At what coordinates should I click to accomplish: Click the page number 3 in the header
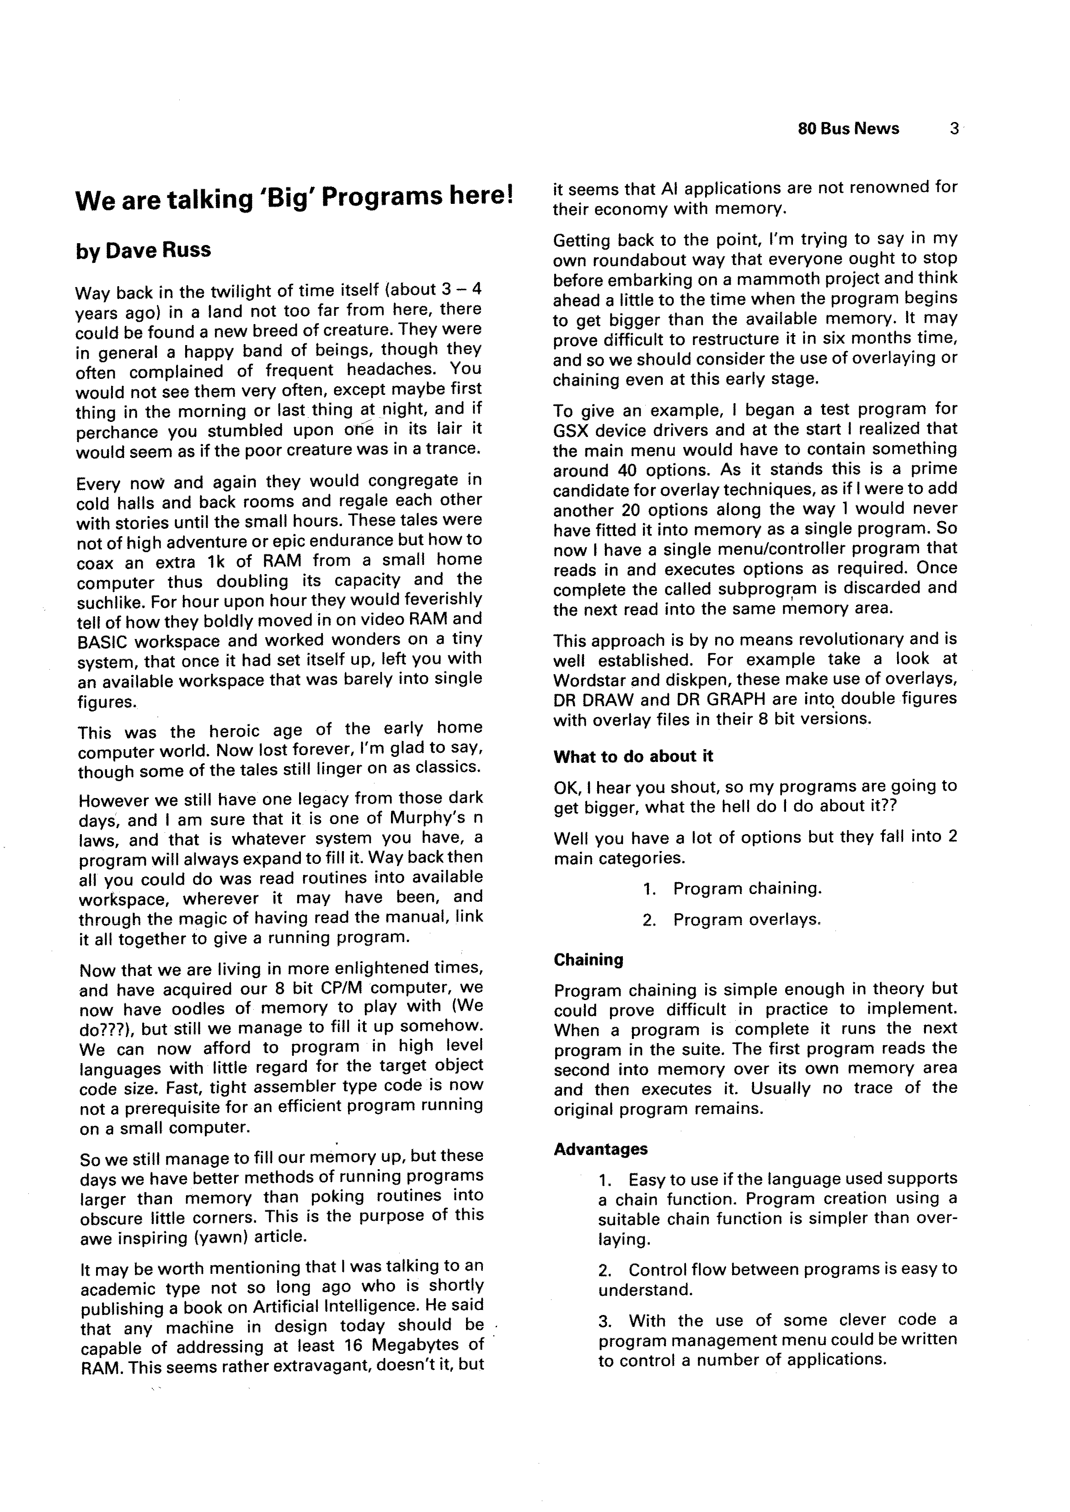pos(953,128)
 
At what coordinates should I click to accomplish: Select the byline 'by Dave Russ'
pos(143,250)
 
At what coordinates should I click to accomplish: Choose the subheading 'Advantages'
pos(600,1149)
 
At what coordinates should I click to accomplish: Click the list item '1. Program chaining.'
pos(732,889)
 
